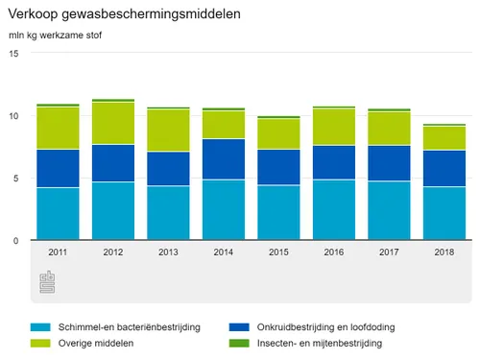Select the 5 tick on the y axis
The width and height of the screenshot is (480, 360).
tap(14, 179)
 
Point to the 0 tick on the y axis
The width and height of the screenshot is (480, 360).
tap(14, 241)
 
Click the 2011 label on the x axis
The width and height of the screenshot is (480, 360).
tap(58, 252)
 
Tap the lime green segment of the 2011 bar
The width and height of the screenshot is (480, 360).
tap(58, 128)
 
